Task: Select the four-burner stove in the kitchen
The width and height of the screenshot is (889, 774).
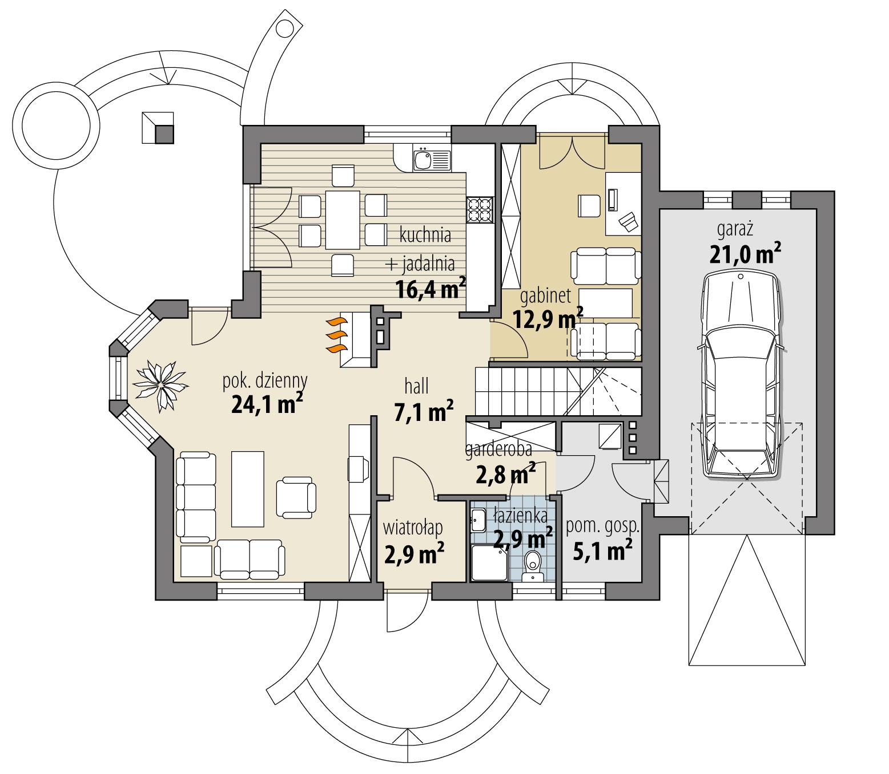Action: (x=479, y=209)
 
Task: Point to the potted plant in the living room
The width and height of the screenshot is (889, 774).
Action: (x=162, y=384)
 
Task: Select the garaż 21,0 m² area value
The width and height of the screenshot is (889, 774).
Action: (x=745, y=253)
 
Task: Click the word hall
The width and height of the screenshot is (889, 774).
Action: (x=416, y=387)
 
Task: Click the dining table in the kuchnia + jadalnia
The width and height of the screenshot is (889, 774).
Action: (x=342, y=220)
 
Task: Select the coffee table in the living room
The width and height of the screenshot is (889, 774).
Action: (x=248, y=488)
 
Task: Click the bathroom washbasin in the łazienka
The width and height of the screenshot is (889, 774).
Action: (x=478, y=518)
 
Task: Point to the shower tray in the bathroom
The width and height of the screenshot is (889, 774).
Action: (x=488, y=562)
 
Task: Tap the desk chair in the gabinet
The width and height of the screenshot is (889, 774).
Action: (x=589, y=205)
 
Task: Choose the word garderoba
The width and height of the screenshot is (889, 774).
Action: (x=498, y=451)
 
